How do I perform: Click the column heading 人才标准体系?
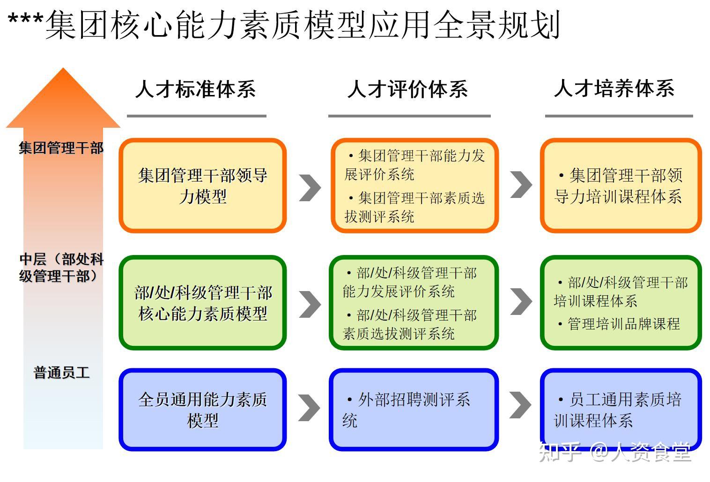click(x=196, y=89)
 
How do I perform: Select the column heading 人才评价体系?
click(x=407, y=89)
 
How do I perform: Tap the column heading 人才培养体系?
click(x=614, y=88)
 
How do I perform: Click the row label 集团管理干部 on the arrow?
click(x=61, y=148)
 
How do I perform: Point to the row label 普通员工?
click(x=61, y=372)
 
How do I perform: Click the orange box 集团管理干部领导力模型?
click(x=202, y=186)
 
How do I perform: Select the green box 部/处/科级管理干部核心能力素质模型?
click(x=202, y=303)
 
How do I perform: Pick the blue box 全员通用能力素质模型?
click(x=202, y=409)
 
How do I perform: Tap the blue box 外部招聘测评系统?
click(x=414, y=409)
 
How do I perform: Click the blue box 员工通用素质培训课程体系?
click(x=621, y=409)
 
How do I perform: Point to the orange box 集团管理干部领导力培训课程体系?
click(x=621, y=186)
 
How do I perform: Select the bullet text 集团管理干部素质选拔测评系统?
click(x=414, y=207)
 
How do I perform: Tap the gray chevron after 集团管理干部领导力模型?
click(x=310, y=188)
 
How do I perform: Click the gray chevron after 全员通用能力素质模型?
click(x=309, y=408)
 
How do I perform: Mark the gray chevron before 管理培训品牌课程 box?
click(x=521, y=301)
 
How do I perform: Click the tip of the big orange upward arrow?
click(x=63, y=68)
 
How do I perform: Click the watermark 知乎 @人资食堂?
click(x=615, y=452)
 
